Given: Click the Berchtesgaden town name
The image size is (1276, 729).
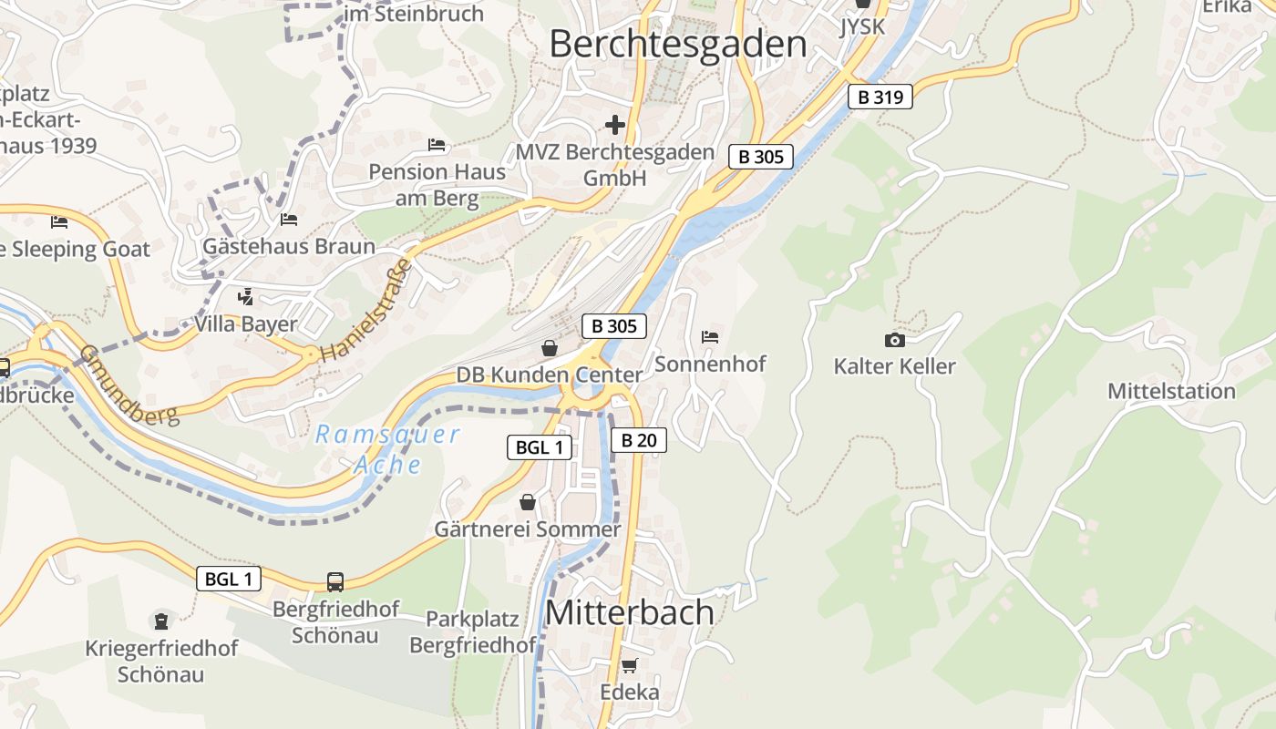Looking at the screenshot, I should click(x=678, y=44).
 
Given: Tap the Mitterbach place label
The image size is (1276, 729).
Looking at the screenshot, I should click(x=629, y=612).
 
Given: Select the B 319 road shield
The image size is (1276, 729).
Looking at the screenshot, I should click(x=880, y=97).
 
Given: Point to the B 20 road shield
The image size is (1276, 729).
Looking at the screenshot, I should click(x=638, y=441).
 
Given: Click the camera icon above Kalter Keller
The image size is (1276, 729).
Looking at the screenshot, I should click(x=895, y=340).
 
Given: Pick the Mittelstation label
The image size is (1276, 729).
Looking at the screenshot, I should click(x=1171, y=391).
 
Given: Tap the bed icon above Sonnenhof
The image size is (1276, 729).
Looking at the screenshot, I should click(x=710, y=337).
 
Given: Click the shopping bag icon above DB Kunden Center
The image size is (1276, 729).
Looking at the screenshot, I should click(x=550, y=348).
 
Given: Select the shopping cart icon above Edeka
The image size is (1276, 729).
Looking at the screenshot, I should click(x=629, y=666).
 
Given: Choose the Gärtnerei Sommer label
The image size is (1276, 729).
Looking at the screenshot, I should click(x=527, y=529).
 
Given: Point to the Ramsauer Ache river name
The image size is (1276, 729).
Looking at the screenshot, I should click(x=388, y=449).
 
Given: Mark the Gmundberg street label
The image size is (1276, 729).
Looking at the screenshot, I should click(x=128, y=385).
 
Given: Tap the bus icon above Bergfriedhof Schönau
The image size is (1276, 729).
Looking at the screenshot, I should click(x=335, y=581).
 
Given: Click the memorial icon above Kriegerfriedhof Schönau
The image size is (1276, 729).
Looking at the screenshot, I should click(x=161, y=621).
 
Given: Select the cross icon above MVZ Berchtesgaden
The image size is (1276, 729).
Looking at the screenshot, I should click(x=615, y=124).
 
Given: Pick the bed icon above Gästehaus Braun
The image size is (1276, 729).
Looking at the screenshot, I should click(x=289, y=220).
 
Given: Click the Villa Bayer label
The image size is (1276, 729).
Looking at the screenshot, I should click(x=245, y=324).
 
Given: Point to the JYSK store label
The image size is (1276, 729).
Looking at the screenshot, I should click(x=862, y=26).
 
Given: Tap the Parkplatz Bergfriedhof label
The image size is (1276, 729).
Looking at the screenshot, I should click(x=472, y=632).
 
